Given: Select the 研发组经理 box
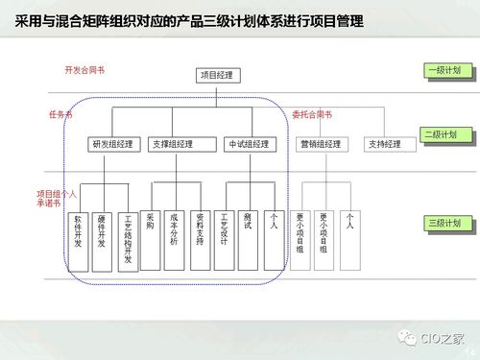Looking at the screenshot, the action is click(x=112, y=144).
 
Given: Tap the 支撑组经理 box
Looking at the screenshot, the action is click(x=173, y=144).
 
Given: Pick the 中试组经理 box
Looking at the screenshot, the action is click(x=247, y=144).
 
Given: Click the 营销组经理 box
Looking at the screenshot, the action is click(x=320, y=144).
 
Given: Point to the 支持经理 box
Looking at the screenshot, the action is click(x=384, y=144).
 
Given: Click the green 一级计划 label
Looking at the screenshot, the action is click(x=446, y=71).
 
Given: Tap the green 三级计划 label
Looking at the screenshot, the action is click(x=446, y=224).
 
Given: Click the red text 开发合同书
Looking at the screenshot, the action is click(x=84, y=70).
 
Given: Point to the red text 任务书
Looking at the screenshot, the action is click(x=60, y=114).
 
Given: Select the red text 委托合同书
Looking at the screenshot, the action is click(x=312, y=114).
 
